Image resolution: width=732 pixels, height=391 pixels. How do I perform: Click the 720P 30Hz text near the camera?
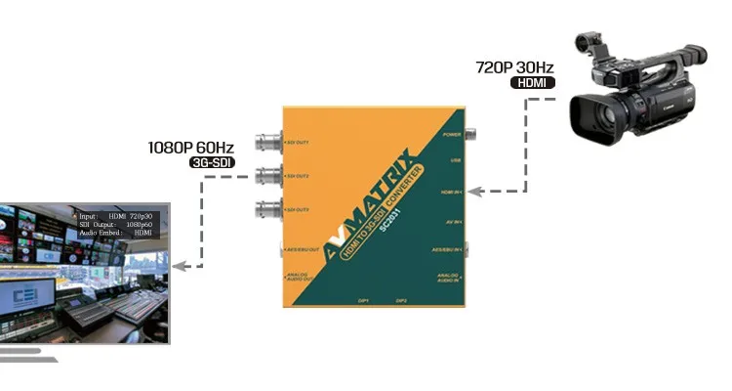514,67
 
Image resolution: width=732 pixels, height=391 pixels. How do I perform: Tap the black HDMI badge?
532,84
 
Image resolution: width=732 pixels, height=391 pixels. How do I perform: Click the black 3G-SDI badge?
209,163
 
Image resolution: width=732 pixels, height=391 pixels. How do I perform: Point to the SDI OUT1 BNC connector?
264,143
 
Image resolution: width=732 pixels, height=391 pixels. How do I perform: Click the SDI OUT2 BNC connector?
264,177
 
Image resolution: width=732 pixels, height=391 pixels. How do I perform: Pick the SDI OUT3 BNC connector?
264,209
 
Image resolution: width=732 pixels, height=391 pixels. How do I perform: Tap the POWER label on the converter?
451,134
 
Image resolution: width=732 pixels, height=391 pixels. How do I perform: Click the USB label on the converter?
455,160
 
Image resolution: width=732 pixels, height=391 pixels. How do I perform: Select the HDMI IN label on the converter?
450,193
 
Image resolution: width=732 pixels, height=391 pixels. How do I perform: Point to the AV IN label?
452,223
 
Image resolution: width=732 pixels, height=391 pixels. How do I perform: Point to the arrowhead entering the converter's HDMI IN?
471,192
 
